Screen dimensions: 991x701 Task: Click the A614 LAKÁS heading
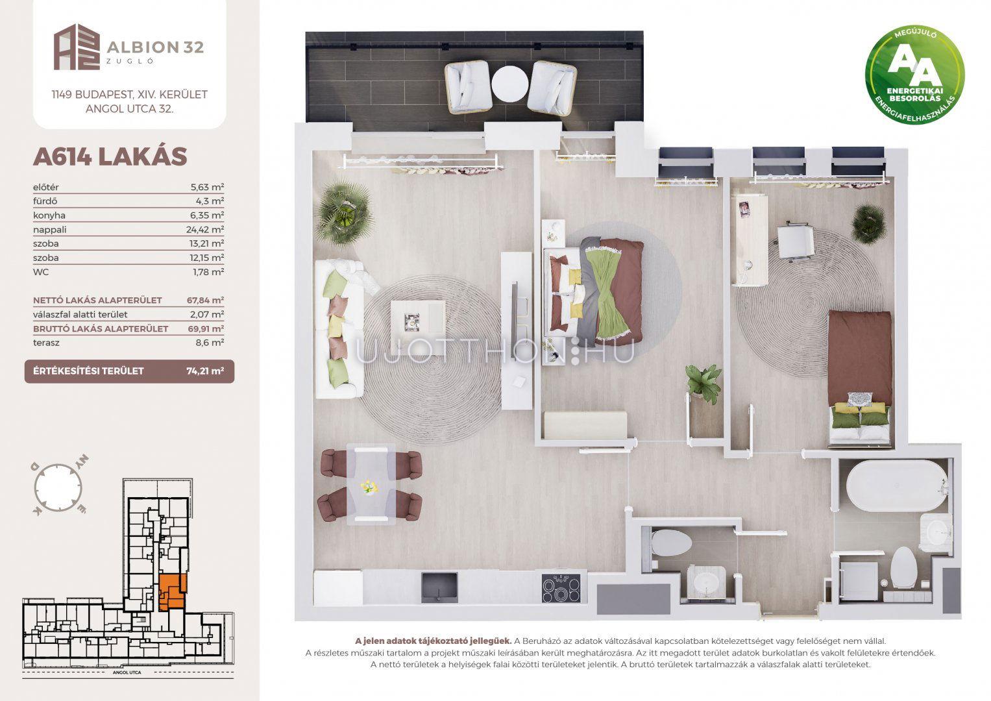click(x=110, y=156)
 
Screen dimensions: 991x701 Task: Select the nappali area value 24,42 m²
click(x=205, y=229)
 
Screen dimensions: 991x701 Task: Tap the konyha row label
click(x=49, y=215)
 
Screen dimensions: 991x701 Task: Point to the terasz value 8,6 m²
click(x=210, y=343)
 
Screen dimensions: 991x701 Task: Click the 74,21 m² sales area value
click(x=205, y=371)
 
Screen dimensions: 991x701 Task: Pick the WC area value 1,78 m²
click(x=208, y=272)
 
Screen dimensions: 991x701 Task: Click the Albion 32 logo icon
click(x=77, y=47)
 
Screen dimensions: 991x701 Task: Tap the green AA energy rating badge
click(x=914, y=75)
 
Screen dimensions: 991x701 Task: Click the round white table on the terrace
click(x=509, y=84)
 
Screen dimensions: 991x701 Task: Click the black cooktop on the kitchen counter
click(x=561, y=587)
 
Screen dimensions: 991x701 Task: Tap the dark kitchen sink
click(x=439, y=587)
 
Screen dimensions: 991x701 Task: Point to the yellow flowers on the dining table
click(x=369, y=486)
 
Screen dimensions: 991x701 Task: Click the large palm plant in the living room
click(x=344, y=212)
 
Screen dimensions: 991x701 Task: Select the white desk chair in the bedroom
click(x=796, y=241)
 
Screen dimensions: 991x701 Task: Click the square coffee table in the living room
click(x=418, y=317)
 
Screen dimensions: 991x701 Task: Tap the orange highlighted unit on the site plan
click(x=172, y=592)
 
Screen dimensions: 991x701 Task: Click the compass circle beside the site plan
click(x=58, y=487)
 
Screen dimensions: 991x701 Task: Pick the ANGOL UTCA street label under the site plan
click(x=127, y=672)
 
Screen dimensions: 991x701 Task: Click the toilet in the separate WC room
click(x=671, y=543)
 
